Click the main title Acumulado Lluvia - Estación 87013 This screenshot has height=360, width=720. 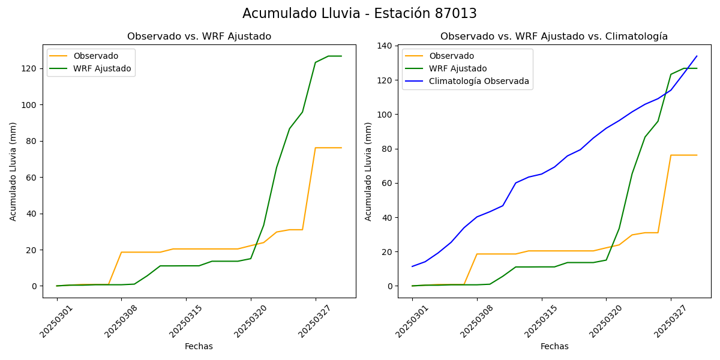coord(359,14)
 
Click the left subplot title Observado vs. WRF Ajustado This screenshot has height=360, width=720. coord(199,37)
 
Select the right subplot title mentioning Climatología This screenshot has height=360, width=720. coord(554,37)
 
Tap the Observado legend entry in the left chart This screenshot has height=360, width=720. coord(95,56)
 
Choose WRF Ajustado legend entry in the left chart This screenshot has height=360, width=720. coord(102,68)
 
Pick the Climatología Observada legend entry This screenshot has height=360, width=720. coord(479,81)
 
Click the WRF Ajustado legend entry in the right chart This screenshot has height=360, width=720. coord(458,68)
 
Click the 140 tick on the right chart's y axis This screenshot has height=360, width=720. coord(385,46)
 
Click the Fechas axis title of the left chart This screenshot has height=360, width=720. coord(199,346)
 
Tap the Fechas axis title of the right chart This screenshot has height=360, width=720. coord(554,346)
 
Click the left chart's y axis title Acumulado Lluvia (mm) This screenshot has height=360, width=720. coord(13,171)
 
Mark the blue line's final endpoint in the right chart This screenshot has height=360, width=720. coord(697,56)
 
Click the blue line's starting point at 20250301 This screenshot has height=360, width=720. coord(412,266)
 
